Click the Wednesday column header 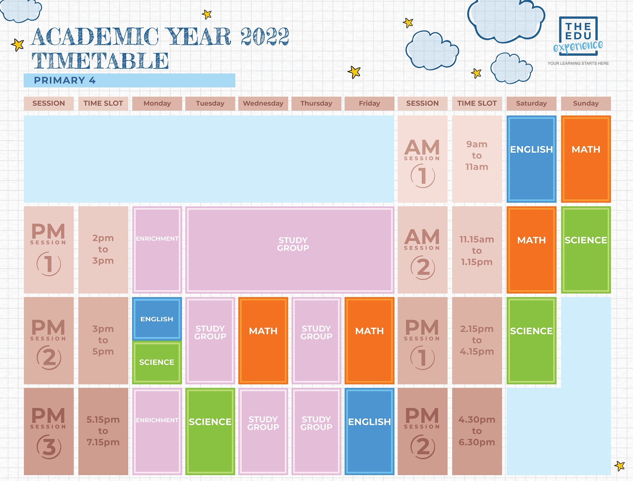click(263, 103)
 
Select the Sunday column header click(586, 103)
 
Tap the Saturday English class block click(531, 159)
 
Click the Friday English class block click(370, 431)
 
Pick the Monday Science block click(157, 362)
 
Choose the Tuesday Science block click(210, 431)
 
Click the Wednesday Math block click(263, 340)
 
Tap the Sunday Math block click(586, 159)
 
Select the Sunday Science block click(586, 250)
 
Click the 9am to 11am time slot click(477, 155)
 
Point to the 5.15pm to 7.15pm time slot click(103, 431)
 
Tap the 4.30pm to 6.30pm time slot click(477, 431)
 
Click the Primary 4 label click(65, 80)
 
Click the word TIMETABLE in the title click(100, 61)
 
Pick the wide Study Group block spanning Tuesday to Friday click(290, 250)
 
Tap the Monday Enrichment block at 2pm click(157, 250)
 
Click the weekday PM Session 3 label click(49, 431)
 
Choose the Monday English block click(157, 319)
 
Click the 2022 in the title click(265, 37)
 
